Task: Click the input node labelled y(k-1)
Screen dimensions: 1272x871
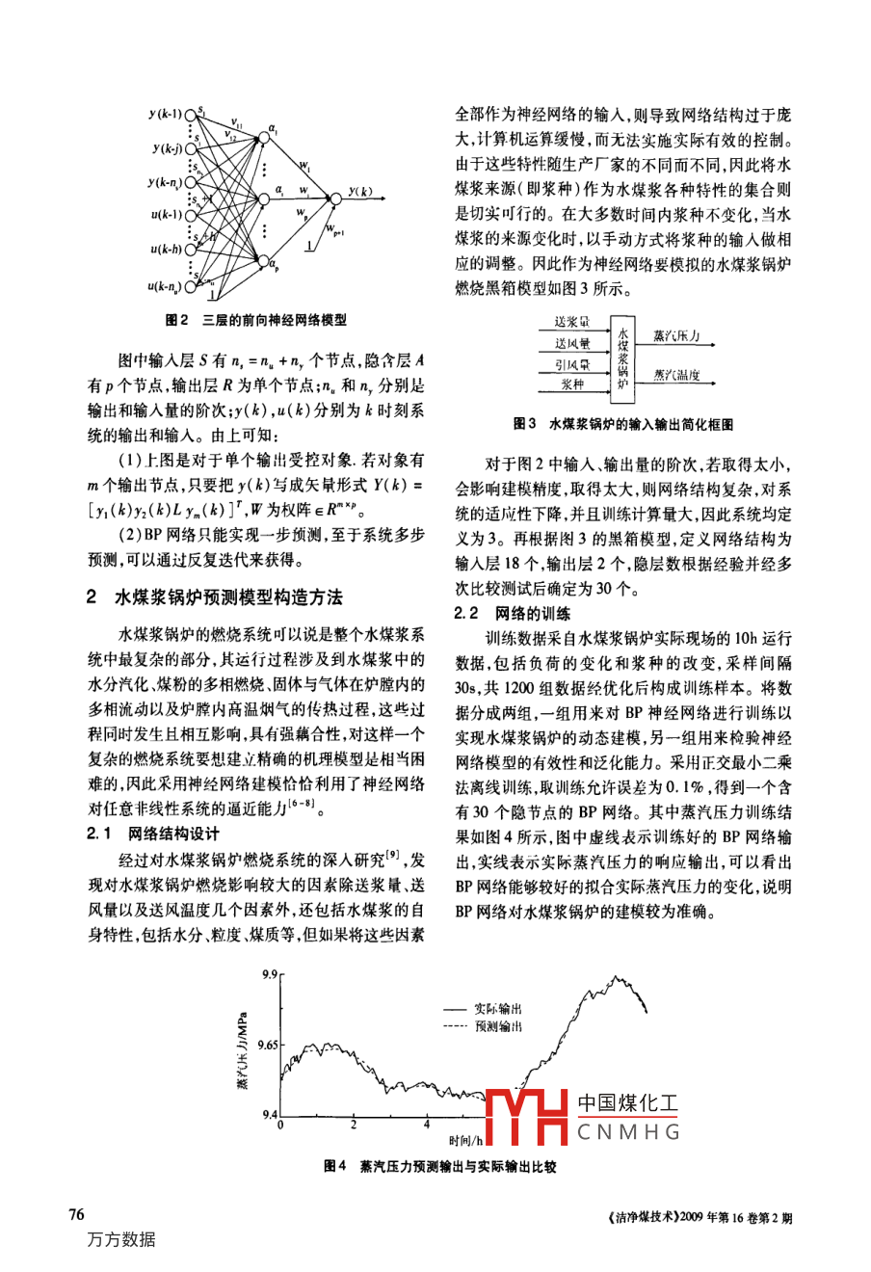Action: tap(191, 116)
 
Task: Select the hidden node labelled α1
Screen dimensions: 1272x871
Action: tap(261, 141)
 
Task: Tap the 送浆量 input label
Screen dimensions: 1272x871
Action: tap(572, 322)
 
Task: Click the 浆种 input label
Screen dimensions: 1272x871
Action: tap(573, 384)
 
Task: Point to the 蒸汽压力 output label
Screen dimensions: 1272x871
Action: tap(675, 336)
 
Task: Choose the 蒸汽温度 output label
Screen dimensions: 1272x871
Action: tap(675, 376)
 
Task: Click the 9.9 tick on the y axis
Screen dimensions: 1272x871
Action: tap(269, 975)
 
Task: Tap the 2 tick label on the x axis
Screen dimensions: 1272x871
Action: tap(354, 1126)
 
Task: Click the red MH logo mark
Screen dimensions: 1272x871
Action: tap(527, 1118)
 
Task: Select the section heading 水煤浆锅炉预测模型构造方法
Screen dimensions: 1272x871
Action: tap(228, 597)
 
